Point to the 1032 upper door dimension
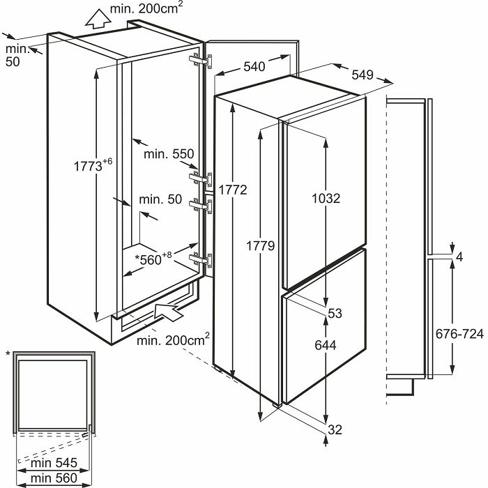click(x=325, y=198)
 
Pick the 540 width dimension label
click(x=254, y=67)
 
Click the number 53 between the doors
click(x=335, y=314)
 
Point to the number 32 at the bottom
click(x=335, y=429)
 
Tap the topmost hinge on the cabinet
click(x=200, y=61)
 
